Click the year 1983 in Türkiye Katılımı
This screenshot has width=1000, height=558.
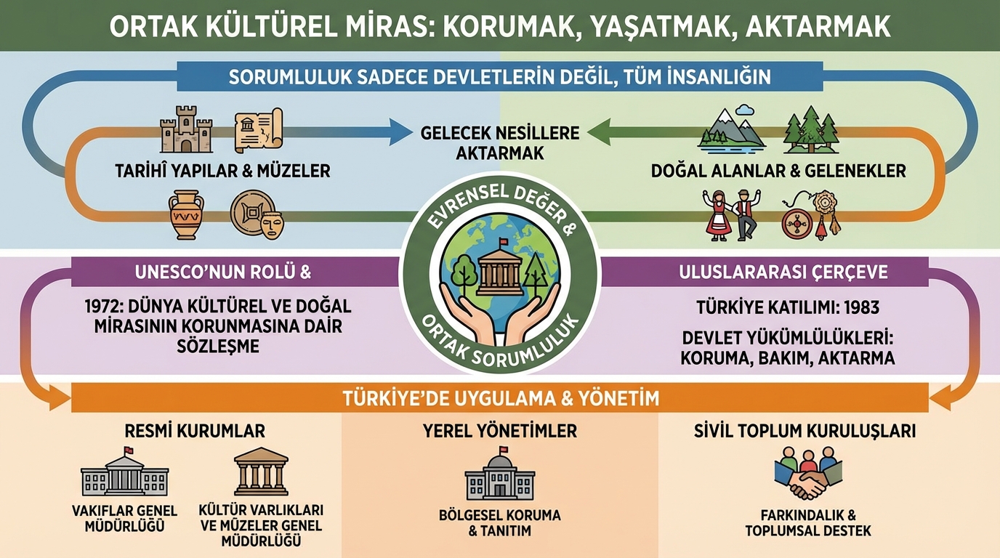pos(860,307)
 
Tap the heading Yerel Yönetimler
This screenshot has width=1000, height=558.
pos(500,431)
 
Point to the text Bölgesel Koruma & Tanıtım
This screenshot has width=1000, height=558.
pos(500,523)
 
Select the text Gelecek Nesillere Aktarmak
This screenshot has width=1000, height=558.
pos(500,143)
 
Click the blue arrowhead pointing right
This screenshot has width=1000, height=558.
pos(400,132)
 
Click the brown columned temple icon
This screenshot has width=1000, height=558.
pos(261,472)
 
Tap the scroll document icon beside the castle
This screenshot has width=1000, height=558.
pos(257,131)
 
